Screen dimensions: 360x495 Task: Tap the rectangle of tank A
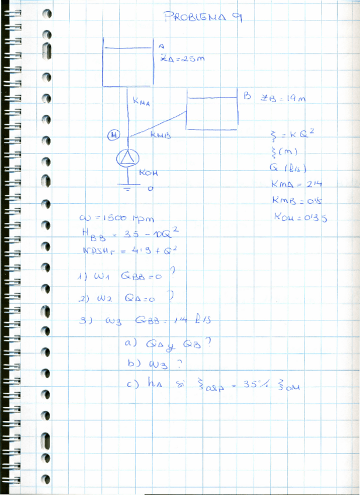(x=129, y=62)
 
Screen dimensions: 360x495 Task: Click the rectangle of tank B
(x=212, y=109)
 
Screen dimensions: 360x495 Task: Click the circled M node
(x=114, y=135)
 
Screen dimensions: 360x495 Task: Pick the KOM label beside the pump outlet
(x=149, y=173)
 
